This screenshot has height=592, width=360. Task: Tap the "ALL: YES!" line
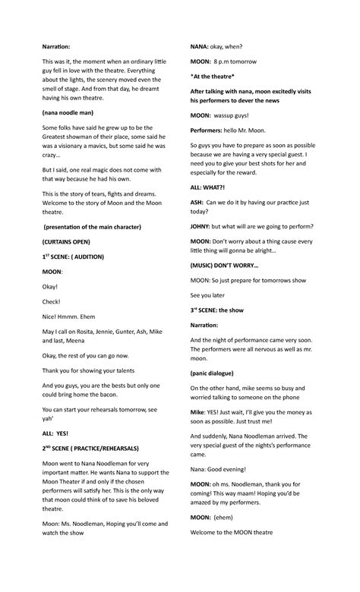[55, 433]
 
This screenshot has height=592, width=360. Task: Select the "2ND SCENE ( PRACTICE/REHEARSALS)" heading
[95, 449]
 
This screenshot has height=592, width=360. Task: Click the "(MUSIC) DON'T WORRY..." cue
[224, 266]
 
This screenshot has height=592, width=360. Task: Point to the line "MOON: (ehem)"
[218, 517]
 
